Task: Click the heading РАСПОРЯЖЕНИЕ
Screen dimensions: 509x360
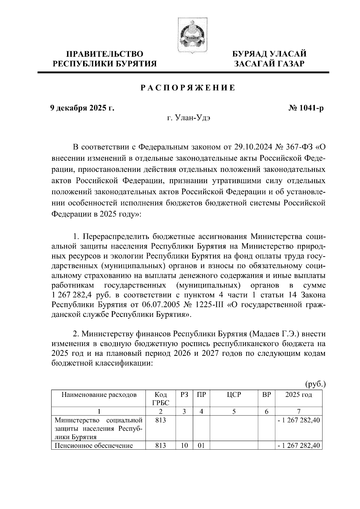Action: pyautogui.click(x=188, y=88)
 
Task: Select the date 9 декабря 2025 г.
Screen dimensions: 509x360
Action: pyautogui.click(x=82, y=108)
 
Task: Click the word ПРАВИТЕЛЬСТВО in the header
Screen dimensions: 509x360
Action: pyautogui.click(x=105, y=54)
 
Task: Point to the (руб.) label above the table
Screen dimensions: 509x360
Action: pyautogui.click(x=315, y=384)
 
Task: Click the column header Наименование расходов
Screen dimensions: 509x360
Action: pyautogui.click(x=99, y=395)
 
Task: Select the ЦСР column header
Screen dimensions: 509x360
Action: pyautogui.click(x=234, y=395)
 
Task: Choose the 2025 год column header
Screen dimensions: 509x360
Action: pyautogui.click(x=298, y=395)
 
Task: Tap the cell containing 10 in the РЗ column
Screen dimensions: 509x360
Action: pyautogui.click(x=184, y=445)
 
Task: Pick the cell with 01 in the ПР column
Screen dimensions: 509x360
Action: pyautogui.click(x=201, y=445)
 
